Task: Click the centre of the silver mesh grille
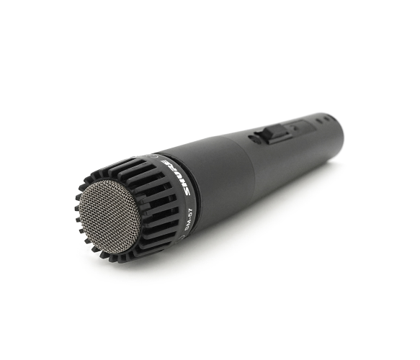110,217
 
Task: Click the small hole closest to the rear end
326,119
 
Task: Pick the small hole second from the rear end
318,121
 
